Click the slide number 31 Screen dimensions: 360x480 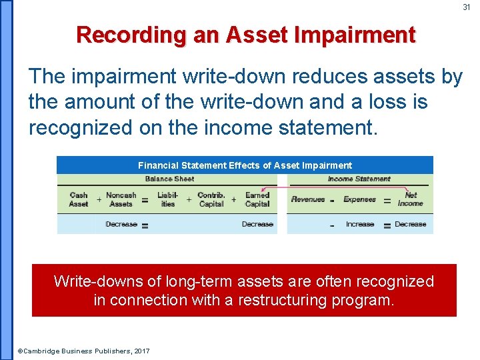pos(467,7)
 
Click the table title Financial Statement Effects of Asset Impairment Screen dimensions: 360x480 pos(245,165)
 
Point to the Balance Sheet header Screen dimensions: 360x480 pos(169,179)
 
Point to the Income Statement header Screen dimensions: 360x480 pos(359,179)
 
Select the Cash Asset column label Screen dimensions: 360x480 pos(79,199)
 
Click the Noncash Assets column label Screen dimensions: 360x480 pos(121,199)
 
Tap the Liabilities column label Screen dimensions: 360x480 pos(167,199)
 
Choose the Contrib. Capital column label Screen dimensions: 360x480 pos(211,199)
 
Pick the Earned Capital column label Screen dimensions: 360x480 pos(257,199)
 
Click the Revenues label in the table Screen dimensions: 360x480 pos(308,199)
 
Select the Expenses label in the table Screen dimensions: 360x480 pos(359,199)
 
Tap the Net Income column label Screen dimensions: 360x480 pos(411,199)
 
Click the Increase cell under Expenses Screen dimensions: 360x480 pos(360,224)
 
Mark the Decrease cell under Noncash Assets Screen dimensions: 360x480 pos(121,224)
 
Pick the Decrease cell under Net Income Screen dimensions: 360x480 pos(411,224)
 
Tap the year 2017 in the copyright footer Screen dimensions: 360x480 pos(141,351)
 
